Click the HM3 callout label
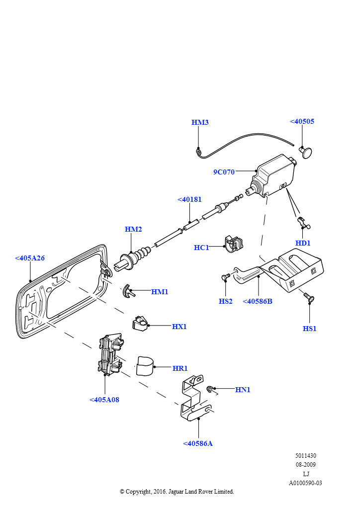pos(200,122)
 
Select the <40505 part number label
pos(302,121)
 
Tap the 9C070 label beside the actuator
pos(224,172)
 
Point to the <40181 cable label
pos(189,200)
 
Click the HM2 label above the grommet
pos(133,229)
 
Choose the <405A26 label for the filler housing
pos(30,258)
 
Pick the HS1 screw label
pos(309,329)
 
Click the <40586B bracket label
pos(257,301)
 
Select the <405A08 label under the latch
pos(104,400)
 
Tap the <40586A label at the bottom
pos(197,443)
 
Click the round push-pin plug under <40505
pos(306,151)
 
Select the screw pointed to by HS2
pos(225,276)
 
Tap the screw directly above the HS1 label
pos(309,298)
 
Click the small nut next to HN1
pos(211,389)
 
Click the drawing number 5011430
pos(305,455)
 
